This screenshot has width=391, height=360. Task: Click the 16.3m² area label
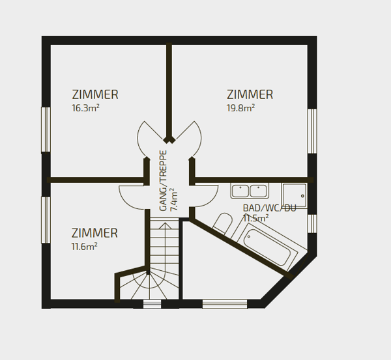(85, 108)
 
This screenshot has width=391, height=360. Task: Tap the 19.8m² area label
(240, 108)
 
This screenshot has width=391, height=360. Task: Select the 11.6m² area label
(84, 247)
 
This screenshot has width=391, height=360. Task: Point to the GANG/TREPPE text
(163, 180)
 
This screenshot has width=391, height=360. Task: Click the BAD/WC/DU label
(269, 208)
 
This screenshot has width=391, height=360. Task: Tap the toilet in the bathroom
(222, 223)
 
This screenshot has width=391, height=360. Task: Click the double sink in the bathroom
(250, 191)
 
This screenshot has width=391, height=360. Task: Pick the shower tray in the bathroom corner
(295, 195)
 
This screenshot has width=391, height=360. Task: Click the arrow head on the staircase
(165, 226)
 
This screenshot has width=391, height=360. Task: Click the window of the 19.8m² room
(312, 131)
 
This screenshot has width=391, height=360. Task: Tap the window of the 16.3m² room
(46, 130)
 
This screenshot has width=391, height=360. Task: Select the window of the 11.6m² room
(46, 220)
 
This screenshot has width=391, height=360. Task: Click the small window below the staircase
(152, 304)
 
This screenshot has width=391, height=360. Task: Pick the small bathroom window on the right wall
(312, 223)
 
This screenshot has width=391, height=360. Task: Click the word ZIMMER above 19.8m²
(250, 94)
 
